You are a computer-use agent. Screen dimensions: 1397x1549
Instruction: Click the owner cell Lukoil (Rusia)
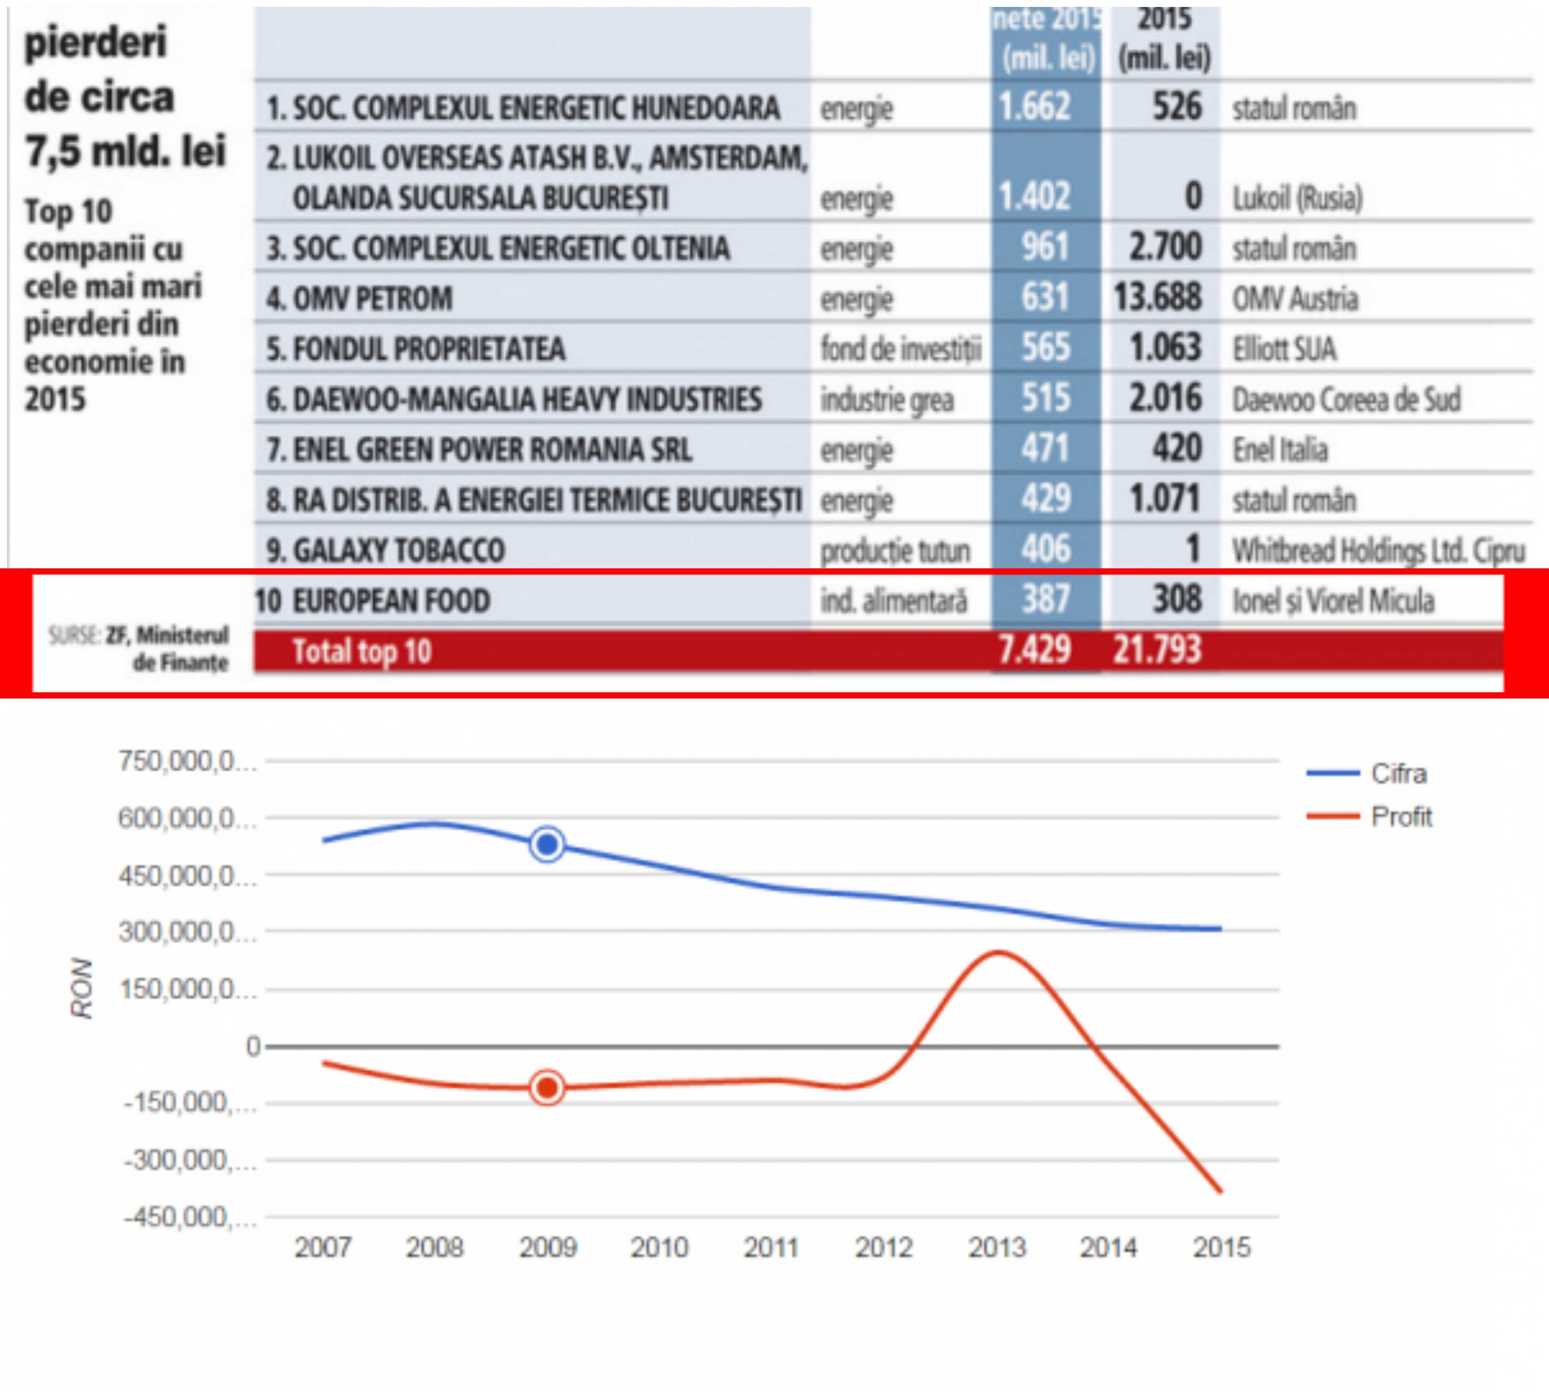pos(1297,198)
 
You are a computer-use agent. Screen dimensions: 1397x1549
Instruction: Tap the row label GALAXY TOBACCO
pos(385,551)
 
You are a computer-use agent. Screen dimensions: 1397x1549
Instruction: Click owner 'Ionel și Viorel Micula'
pos(1333,600)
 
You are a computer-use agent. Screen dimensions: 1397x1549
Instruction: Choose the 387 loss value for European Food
pos(1046,599)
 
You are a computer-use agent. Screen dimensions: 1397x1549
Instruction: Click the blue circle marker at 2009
pos(547,845)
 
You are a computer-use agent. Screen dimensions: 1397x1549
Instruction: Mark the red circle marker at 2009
pos(547,1088)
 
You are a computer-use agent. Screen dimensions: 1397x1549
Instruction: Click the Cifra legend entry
pos(1398,774)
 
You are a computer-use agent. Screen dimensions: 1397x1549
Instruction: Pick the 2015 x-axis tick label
pos(1221,1247)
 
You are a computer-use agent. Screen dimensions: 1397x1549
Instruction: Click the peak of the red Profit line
pos(998,953)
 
